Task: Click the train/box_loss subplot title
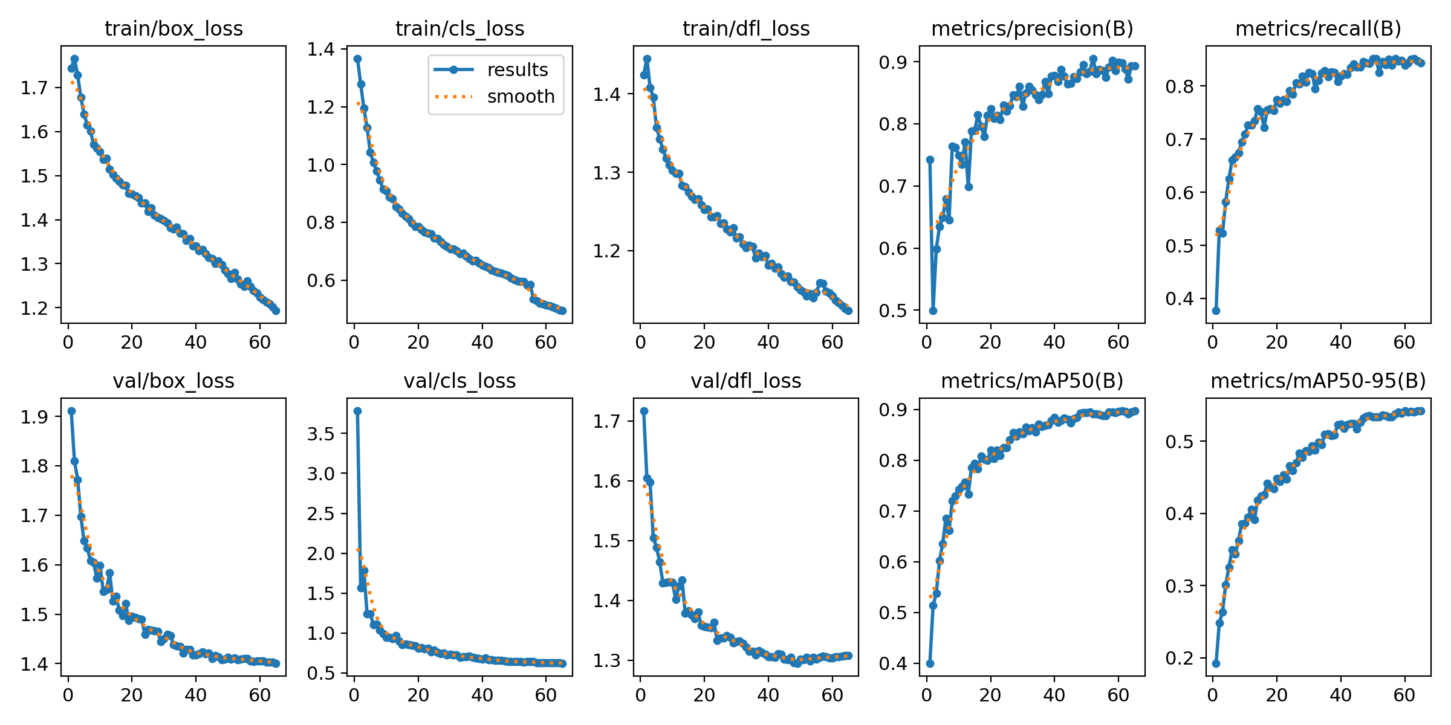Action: [174, 28]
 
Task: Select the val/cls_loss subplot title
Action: [459, 381]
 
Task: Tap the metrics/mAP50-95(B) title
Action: [1318, 381]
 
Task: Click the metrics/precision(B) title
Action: [1032, 28]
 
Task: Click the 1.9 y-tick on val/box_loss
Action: [34, 417]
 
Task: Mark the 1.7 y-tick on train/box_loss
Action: [34, 88]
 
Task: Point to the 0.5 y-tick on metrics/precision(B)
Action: [893, 311]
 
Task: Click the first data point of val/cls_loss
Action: [357, 411]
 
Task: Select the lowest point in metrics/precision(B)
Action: [933, 311]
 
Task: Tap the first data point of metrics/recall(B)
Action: [1216, 311]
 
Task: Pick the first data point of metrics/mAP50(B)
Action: [930, 663]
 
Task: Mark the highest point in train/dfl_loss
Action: [647, 59]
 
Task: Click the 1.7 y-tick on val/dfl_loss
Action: [606, 421]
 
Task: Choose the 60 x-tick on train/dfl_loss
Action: [833, 343]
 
